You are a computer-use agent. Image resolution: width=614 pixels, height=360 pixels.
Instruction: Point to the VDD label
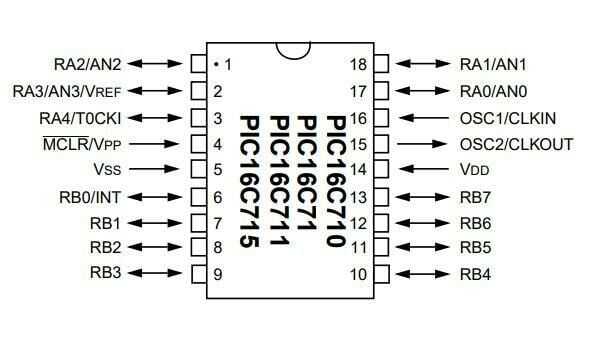click(x=473, y=170)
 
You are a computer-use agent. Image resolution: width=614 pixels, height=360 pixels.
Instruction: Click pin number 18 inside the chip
click(x=358, y=65)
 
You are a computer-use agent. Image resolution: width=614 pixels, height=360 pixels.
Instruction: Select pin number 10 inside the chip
click(x=358, y=274)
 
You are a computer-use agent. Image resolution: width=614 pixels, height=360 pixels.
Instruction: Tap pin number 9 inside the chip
click(x=218, y=274)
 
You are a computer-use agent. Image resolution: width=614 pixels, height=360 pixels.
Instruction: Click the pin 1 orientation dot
click(x=215, y=65)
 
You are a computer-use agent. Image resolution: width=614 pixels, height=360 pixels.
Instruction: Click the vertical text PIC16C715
click(x=249, y=180)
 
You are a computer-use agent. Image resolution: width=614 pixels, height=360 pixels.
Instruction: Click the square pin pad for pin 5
click(x=197, y=170)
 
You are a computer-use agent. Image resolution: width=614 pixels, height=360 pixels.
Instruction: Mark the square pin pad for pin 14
click(x=380, y=170)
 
